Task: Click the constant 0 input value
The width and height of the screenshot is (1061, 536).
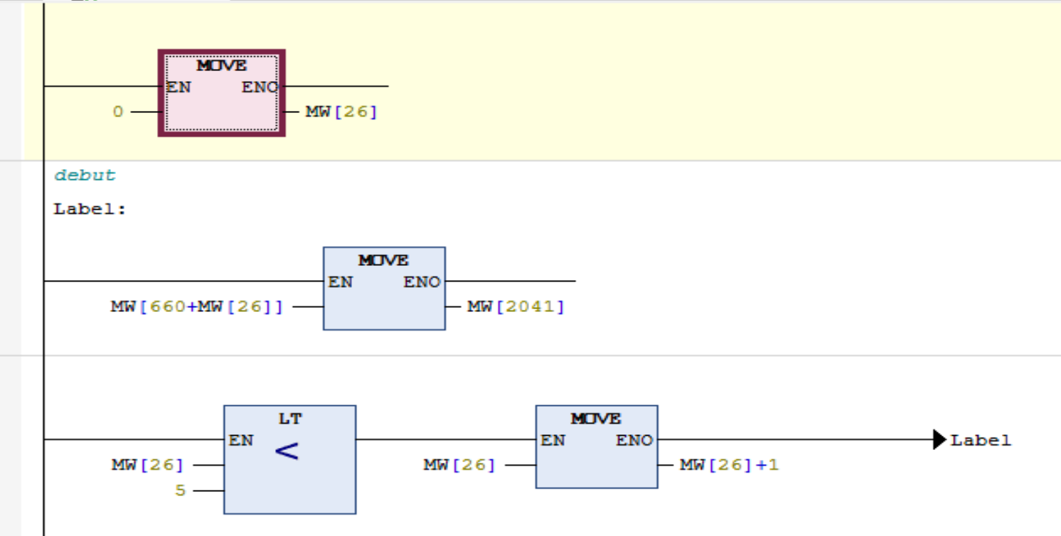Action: (118, 112)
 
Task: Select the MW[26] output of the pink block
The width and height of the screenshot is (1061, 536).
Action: (341, 112)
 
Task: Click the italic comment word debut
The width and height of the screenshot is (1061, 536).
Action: (85, 176)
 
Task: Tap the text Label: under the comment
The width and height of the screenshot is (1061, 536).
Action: (90, 210)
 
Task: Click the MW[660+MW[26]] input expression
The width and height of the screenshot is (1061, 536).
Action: (196, 306)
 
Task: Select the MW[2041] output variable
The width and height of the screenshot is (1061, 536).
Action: (516, 306)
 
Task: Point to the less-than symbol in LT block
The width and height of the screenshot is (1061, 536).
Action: (286, 451)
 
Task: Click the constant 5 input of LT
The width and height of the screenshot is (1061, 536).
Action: (181, 491)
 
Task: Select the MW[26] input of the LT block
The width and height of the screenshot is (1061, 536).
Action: (147, 465)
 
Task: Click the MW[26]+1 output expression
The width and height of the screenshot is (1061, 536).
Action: (729, 465)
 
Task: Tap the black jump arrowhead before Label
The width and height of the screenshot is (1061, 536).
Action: (939, 440)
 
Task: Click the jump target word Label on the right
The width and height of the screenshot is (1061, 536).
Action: (981, 440)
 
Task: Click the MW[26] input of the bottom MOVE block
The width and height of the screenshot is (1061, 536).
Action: (459, 465)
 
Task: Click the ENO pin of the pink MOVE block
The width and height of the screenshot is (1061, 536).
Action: (260, 87)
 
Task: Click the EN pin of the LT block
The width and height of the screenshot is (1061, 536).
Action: (240, 440)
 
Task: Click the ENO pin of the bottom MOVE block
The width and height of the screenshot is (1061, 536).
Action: (634, 440)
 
